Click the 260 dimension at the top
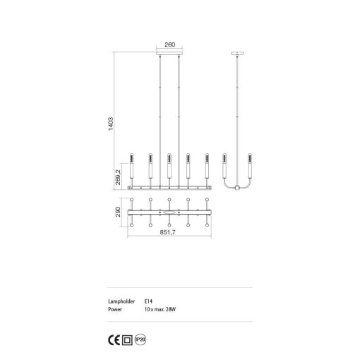point(169,44)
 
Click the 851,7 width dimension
point(169,234)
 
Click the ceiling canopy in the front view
point(169,52)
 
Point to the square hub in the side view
point(237,187)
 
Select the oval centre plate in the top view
point(169,211)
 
